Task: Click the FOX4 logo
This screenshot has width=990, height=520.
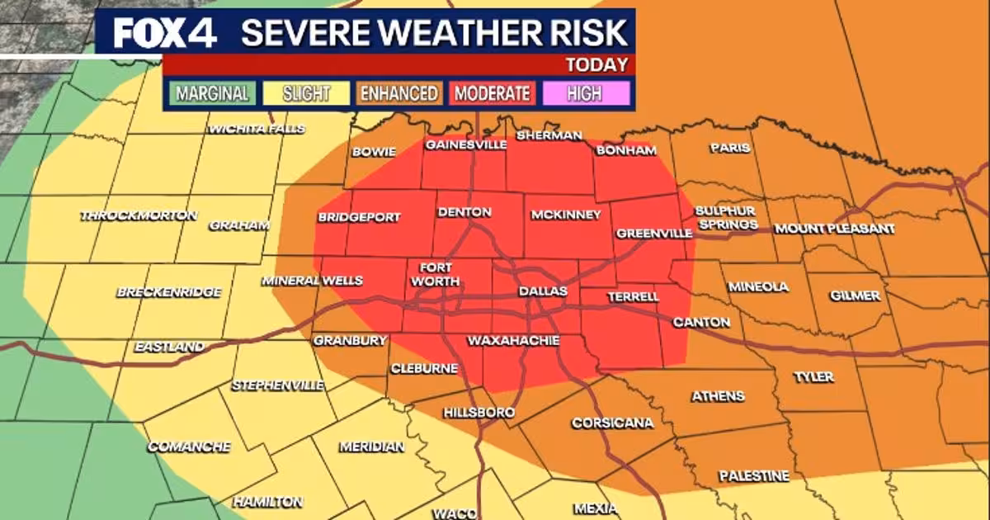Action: tap(164, 32)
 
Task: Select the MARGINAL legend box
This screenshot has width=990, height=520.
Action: tap(212, 93)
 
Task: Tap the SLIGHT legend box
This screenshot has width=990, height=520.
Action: tap(304, 93)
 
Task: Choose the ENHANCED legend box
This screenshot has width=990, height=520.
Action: tap(398, 93)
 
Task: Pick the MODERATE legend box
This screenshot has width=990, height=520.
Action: tap(492, 93)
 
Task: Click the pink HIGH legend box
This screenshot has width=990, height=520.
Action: tap(584, 93)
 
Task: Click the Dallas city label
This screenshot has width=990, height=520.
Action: tap(543, 291)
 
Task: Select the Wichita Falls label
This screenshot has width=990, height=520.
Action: tap(257, 129)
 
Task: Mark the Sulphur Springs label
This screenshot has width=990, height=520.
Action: tap(726, 218)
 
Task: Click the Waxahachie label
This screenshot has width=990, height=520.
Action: tap(513, 340)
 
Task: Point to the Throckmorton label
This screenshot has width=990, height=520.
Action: tap(139, 215)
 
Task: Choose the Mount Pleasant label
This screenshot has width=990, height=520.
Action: tap(834, 228)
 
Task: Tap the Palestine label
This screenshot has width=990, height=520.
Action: tap(753, 476)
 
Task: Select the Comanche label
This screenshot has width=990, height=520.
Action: tap(189, 447)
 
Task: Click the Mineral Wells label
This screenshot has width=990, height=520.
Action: tap(313, 281)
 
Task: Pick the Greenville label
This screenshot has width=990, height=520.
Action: tap(653, 234)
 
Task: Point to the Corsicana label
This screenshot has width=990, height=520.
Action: tap(612, 423)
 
